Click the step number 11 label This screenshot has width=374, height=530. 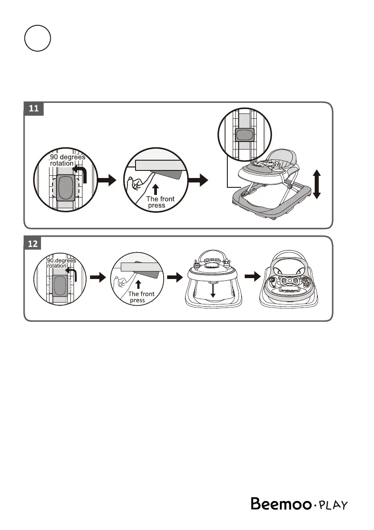click(33, 109)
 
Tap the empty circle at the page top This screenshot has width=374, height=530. click(37, 38)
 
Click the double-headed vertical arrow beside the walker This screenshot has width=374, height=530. click(317, 184)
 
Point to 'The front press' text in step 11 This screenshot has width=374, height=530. click(160, 202)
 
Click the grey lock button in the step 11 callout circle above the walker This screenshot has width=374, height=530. click(245, 135)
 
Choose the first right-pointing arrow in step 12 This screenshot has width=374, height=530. click(98, 277)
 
